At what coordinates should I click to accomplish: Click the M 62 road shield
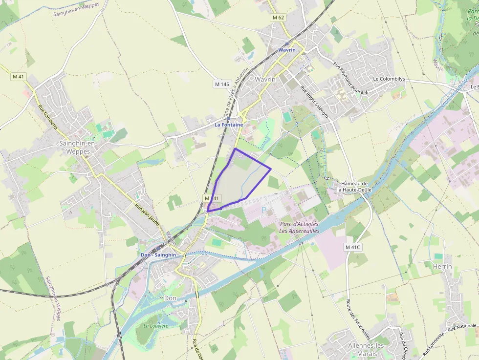click(278, 18)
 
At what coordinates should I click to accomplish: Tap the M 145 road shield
click(222, 84)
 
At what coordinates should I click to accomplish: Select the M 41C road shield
click(352, 247)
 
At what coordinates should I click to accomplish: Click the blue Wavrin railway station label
click(287, 50)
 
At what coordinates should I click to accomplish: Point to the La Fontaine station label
click(229, 125)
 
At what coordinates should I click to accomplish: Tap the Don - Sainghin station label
click(158, 255)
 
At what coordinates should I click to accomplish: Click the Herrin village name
click(442, 266)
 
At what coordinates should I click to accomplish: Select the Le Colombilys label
click(390, 78)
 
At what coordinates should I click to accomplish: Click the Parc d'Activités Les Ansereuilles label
click(299, 227)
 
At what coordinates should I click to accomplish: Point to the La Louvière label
click(155, 326)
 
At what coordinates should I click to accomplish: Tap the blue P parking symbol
click(264, 211)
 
